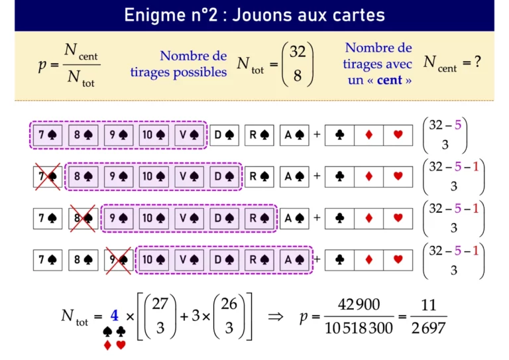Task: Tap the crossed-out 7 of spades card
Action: point(48,176)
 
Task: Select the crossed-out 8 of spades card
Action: point(83,218)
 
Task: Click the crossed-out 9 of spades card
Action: point(119,260)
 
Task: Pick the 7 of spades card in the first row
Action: point(48,135)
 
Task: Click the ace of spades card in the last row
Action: point(294,260)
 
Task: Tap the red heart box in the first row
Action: point(398,135)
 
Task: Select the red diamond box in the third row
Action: point(368,218)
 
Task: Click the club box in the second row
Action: point(339,176)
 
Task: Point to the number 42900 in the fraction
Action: point(359,304)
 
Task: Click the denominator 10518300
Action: point(359,328)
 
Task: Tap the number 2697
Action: point(429,328)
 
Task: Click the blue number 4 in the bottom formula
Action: point(114,316)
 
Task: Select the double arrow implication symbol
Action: point(276,316)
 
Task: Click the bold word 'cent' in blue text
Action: point(390,80)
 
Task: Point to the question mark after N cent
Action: point(477,62)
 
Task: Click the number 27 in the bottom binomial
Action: point(160,304)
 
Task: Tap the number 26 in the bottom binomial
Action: point(229,304)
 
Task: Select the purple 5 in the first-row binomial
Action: point(458,125)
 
